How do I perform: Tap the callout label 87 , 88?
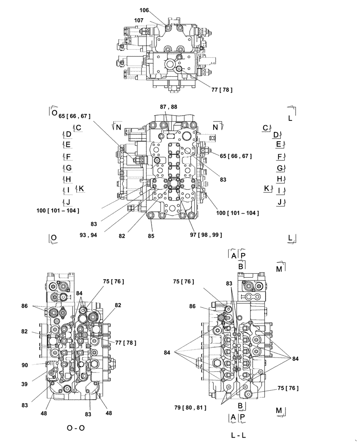[x=168, y=107]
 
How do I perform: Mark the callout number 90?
[x=25, y=365]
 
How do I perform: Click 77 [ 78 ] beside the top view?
[x=222, y=90]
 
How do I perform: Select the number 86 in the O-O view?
[x=25, y=306]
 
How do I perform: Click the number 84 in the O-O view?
[x=79, y=293]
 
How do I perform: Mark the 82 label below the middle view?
[x=122, y=236]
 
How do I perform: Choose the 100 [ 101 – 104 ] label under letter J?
[x=58, y=210]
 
